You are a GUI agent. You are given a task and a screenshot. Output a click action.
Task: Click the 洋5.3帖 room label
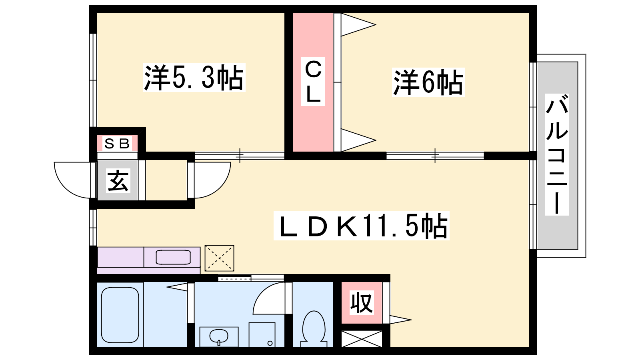tap(194, 78)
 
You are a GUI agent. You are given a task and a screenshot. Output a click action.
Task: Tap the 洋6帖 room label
tap(428, 82)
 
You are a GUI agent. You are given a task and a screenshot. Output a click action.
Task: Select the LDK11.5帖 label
tap(362, 226)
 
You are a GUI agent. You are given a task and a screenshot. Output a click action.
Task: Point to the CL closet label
tap(313, 82)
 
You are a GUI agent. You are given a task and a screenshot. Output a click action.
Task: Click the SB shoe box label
tap(117, 144)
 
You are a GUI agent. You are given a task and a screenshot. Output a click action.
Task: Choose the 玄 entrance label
tap(118, 180)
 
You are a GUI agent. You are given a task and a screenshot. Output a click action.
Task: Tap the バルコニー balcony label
tap(557, 154)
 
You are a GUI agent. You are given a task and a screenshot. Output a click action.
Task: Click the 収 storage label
tap(362, 302)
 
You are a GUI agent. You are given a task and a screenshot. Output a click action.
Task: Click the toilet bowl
tap(314, 328)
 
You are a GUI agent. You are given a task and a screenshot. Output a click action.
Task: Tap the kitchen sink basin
tap(173, 257)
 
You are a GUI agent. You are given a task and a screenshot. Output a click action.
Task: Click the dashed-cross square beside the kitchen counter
tap(220, 258)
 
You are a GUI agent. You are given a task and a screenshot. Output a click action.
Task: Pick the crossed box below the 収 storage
tap(362, 339)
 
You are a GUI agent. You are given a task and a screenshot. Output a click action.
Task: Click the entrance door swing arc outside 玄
tap(72, 180)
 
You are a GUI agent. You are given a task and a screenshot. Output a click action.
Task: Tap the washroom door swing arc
tap(269, 298)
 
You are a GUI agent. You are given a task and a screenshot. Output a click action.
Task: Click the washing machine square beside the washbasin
tap(262, 335)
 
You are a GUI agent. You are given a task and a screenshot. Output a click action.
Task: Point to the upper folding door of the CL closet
tap(358, 24)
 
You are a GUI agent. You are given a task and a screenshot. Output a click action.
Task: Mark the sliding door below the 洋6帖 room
tap(435, 156)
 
